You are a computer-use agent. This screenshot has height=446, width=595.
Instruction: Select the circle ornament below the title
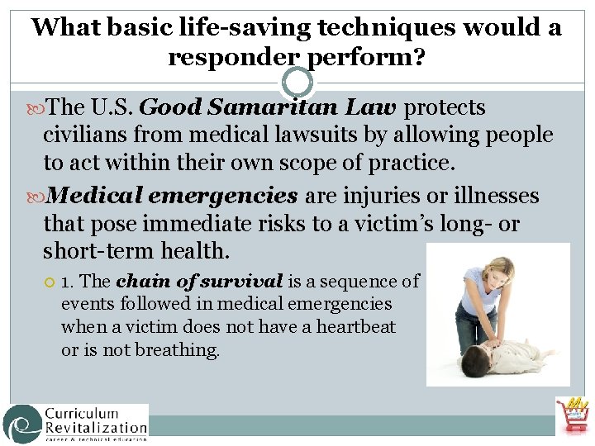pos(297,82)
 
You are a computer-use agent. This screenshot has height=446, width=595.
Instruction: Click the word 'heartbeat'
pos(356,327)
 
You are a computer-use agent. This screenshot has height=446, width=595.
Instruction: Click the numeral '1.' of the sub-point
pos(69,282)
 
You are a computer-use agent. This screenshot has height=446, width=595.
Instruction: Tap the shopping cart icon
pos(573,417)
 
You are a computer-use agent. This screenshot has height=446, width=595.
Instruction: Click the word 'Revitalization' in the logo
pos(95,427)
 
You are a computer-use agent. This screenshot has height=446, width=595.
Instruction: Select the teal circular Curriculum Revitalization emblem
pos(22,424)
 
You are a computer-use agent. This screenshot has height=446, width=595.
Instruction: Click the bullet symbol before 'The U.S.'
pos(40,108)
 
